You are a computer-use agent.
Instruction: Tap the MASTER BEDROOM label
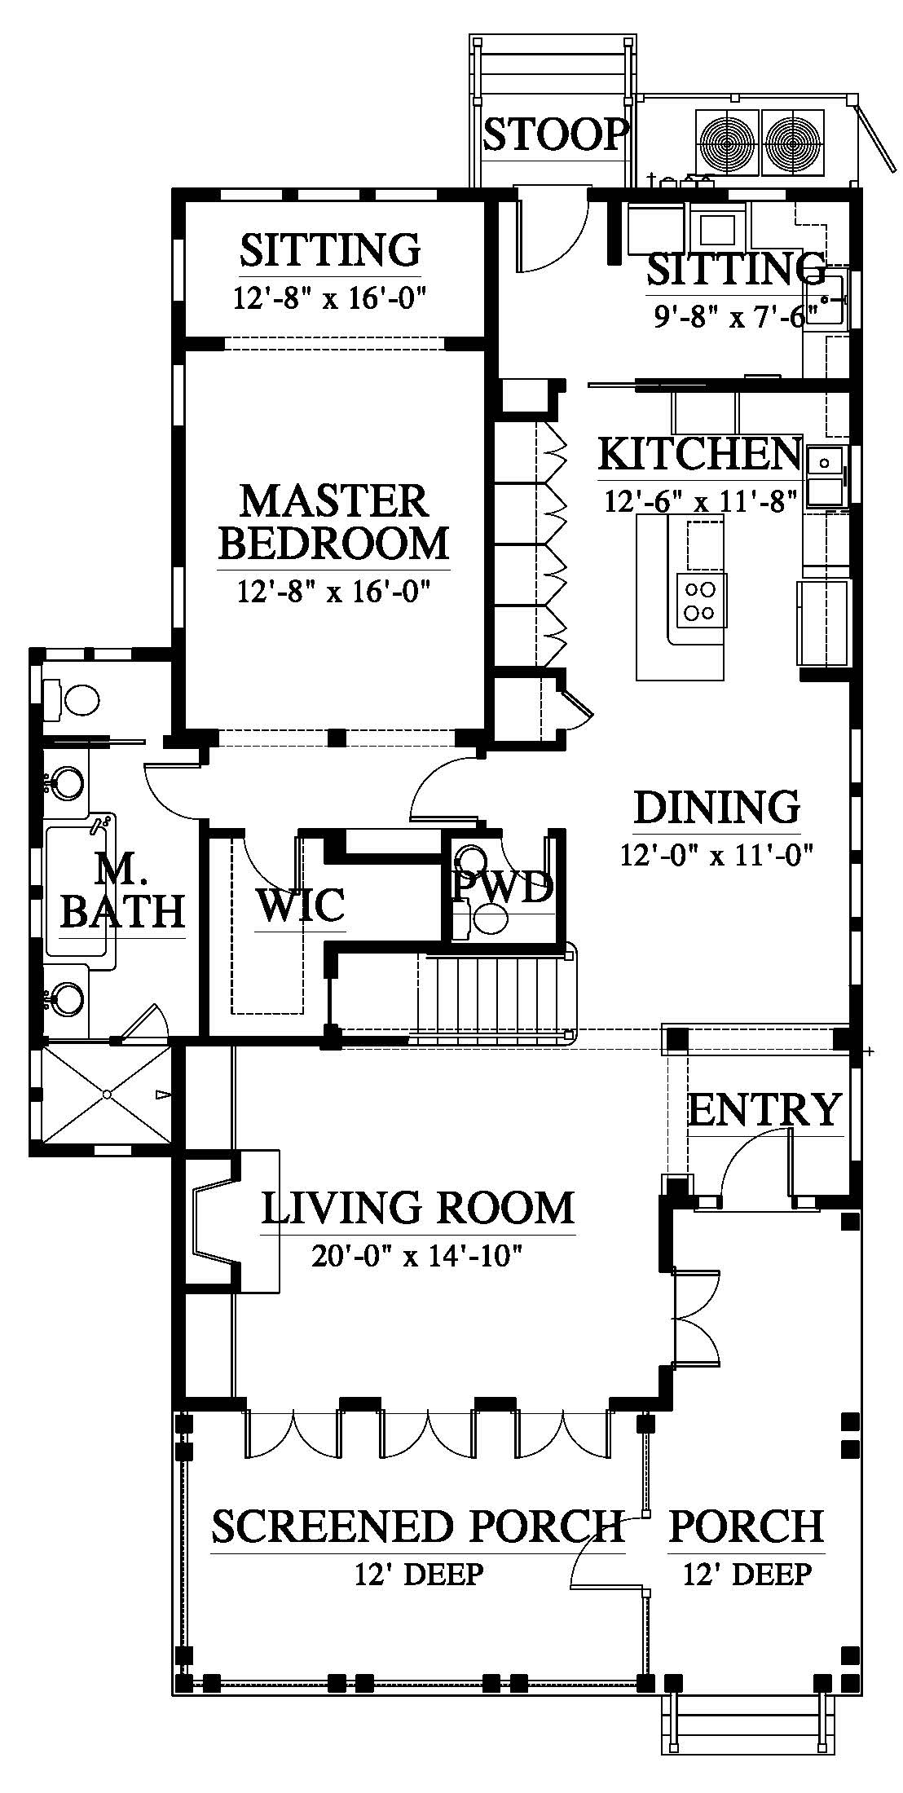pos(334,522)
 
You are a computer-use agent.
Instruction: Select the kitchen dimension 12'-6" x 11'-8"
pos(700,500)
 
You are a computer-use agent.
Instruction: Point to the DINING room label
pos(716,807)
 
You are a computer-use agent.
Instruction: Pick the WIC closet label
pos(301,904)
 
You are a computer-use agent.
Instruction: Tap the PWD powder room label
pos(504,888)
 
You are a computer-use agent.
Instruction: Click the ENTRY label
pos(764,1109)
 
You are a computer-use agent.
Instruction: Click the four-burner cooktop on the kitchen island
pos(700,598)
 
